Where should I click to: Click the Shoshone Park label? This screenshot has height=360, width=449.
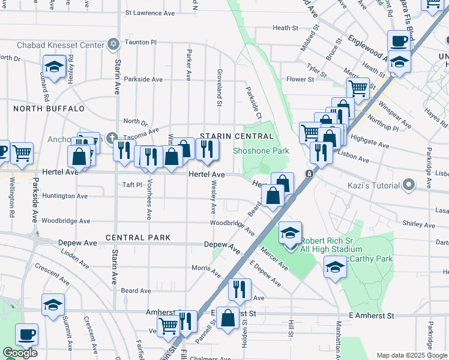tap(261, 151)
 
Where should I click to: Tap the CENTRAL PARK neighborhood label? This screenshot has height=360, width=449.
tap(133, 238)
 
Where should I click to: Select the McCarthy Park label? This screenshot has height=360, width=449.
tap(372, 259)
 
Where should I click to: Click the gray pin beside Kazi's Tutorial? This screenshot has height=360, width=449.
tap(409, 184)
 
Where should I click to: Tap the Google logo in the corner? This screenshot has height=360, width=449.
tap(20, 353)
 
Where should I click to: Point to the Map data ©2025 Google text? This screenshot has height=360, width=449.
tap(412, 355)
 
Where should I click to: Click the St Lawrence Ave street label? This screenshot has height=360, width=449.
tap(150, 13)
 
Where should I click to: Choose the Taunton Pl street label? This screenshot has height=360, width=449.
tap(140, 43)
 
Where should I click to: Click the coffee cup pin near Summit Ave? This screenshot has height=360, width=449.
tap(26, 335)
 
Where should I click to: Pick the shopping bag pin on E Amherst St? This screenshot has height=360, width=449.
tap(229, 319)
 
